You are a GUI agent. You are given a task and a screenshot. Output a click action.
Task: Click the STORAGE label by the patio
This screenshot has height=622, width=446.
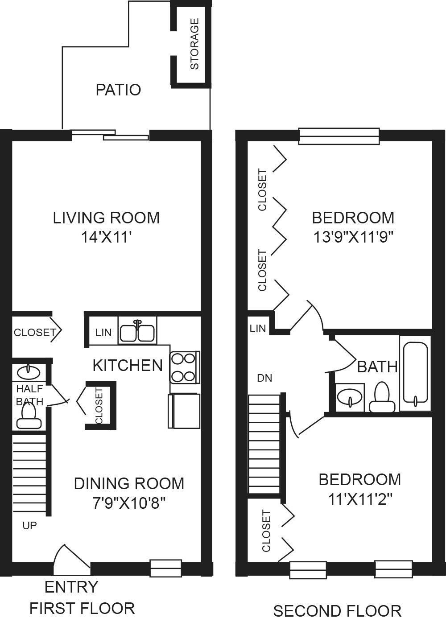(x=194, y=44)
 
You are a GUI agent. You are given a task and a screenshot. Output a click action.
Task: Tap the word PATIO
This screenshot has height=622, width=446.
(x=118, y=90)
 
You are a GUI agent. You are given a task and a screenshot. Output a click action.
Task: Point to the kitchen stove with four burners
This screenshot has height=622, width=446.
(x=185, y=368)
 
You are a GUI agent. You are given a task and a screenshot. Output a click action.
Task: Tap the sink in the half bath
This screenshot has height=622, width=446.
(x=28, y=372)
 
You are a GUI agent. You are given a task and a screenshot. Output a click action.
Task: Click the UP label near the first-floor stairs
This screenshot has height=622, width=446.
(x=29, y=525)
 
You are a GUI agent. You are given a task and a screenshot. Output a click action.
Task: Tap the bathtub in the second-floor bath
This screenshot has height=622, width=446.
(x=415, y=373)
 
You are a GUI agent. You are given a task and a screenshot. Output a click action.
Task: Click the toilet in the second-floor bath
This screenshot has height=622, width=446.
(x=382, y=397)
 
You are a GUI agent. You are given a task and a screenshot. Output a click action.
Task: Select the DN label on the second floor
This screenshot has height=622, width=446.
(x=264, y=378)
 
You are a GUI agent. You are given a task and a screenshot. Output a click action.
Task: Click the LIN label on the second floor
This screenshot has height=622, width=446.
(x=258, y=329)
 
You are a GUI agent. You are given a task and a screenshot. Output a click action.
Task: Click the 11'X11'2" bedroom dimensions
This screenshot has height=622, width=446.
(x=360, y=499)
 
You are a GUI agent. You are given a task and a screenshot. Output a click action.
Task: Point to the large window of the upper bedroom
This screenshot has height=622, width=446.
(x=339, y=136)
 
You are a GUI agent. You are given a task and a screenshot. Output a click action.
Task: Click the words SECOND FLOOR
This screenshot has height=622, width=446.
(x=337, y=611)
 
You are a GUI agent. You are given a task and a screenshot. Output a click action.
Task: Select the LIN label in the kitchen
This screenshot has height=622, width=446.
(x=103, y=332)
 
